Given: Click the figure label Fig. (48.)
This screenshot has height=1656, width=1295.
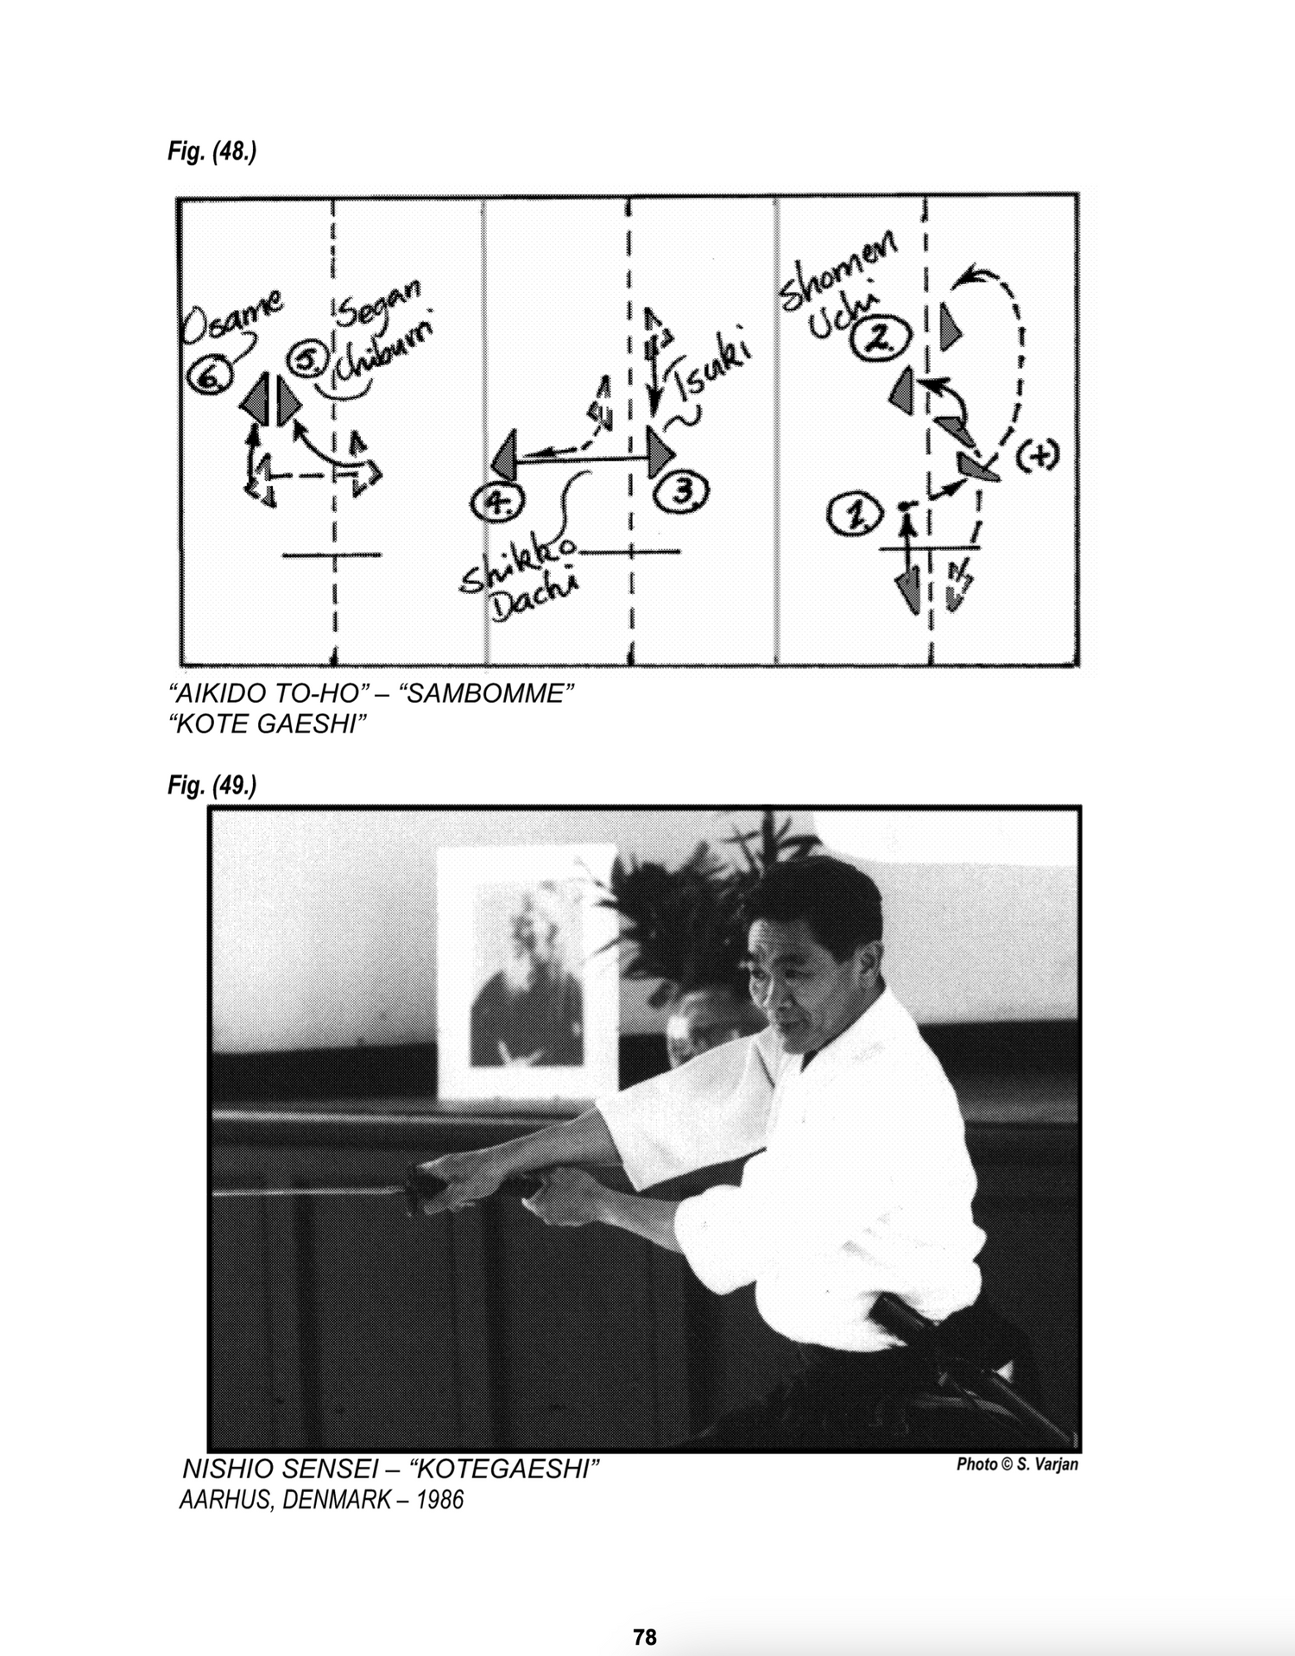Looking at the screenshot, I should pyautogui.click(x=212, y=152).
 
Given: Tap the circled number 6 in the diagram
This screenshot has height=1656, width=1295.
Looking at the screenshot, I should pyautogui.click(x=207, y=376).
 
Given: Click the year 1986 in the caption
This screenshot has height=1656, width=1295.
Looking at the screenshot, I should pyautogui.click(x=440, y=1500).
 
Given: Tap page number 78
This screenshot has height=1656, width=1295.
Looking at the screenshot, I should pyautogui.click(x=644, y=1613).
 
